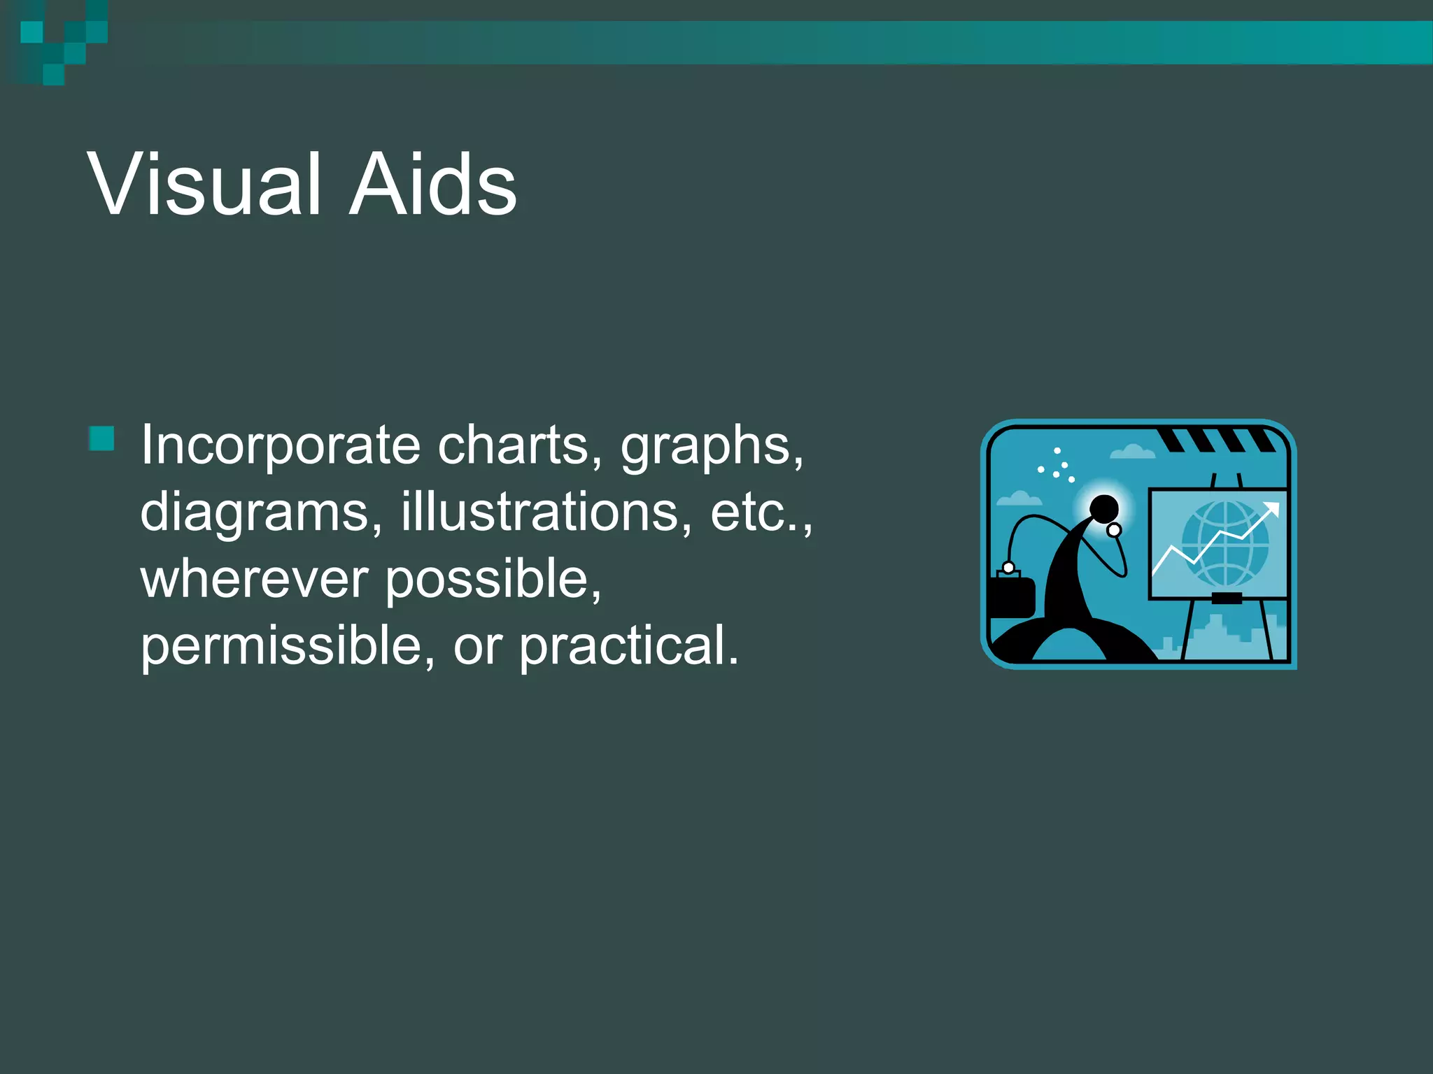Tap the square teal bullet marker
[x=102, y=438]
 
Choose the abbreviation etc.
[x=759, y=513]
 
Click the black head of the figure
[x=1104, y=508]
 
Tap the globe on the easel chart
[x=1225, y=544]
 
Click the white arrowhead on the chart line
[x=1272, y=509]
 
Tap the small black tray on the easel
[x=1226, y=598]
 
